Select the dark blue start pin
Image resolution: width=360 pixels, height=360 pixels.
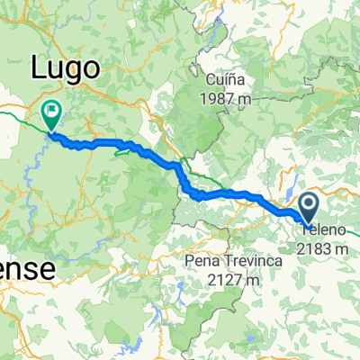coord(308,209)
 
